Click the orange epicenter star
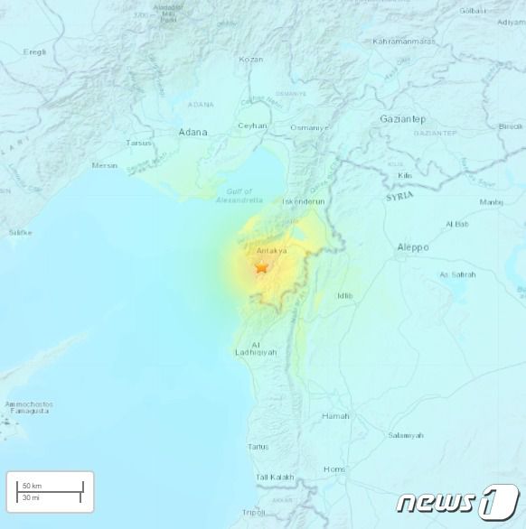(262, 267)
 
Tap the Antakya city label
(272, 251)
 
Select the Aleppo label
(413, 247)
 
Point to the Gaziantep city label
(402, 119)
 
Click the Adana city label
(193, 132)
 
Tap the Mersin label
(105, 165)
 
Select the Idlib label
(344, 295)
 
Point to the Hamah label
(335, 416)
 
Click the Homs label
(334, 469)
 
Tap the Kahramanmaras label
(411, 42)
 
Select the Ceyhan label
(252, 125)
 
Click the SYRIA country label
(400, 196)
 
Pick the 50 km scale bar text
(33, 486)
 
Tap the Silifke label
(20, 232)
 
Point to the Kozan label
(251, 60)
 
